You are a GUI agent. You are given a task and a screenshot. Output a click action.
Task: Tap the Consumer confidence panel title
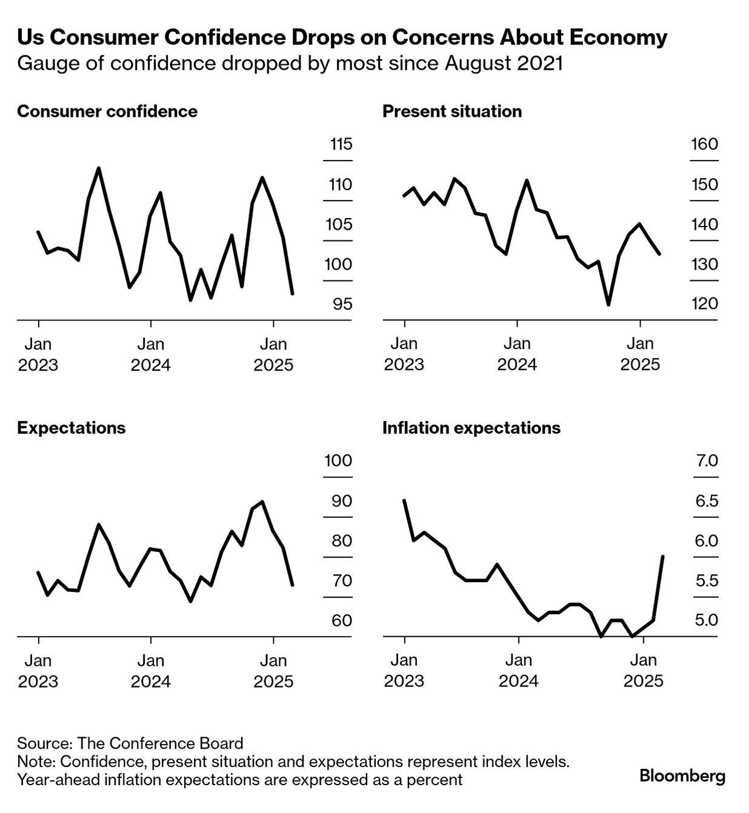(x=107, y=111)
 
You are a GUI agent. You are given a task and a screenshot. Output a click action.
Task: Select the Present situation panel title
(x=452, y=111)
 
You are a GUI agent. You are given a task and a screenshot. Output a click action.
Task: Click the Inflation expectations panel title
(x=471, y=428)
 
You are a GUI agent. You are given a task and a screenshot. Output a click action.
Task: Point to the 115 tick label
(x=341, y=144)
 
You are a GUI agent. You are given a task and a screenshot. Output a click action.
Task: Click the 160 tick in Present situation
(x=704, y=144)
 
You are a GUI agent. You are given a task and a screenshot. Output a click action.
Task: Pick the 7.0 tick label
(x=706, y=461)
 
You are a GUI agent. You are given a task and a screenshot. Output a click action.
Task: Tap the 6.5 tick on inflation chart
(x=706, y=501)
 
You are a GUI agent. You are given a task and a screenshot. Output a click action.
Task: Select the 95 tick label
(x=342, y=304)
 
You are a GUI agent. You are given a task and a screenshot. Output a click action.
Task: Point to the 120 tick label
(x=704, y=304)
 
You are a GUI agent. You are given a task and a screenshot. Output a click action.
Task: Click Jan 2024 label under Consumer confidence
(x=151, y=354)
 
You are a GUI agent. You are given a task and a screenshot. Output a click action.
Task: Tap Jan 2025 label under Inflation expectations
(x=644, y=671)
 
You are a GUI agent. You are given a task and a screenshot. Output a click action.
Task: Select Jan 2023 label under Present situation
(x=404, y=354)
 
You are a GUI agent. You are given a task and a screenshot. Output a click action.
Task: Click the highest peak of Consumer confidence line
(x=99, y=168)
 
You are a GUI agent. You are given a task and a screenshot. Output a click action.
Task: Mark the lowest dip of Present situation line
(x=608, y=304)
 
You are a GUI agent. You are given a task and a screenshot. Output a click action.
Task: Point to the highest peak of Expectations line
(x=262, y=502)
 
